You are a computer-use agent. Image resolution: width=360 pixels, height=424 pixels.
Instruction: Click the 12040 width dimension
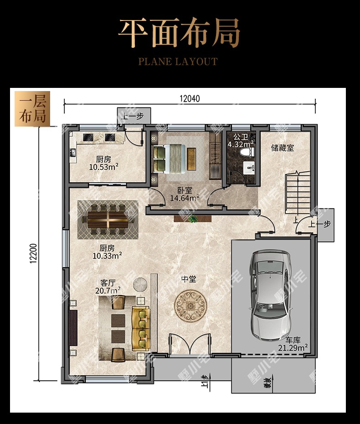[x=190, y=99]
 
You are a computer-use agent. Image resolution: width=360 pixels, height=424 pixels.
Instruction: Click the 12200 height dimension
[x=33, y=253]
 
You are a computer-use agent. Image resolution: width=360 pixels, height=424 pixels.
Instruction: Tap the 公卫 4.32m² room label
[x=241, y=141]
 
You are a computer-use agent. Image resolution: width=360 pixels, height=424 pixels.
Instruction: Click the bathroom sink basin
[x=249, y=168]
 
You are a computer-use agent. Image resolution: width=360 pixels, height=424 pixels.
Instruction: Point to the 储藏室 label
[x=283, y=148]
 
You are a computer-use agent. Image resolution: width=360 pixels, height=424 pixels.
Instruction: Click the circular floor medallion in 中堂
[x=190, y=306]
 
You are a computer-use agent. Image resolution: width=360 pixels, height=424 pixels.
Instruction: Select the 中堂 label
[x=189, y=279]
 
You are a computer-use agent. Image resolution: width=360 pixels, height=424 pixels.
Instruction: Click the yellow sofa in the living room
[x=141, y=329]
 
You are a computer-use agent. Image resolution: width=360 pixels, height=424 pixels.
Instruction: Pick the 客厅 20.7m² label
[x=108, y=287]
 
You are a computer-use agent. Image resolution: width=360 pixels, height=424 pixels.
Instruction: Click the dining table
[x=108, y=220]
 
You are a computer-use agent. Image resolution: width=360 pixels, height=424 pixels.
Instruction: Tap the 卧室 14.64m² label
[x=185, y=194]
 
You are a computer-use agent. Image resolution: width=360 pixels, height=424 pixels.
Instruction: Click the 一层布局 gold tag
[x=32, y=109]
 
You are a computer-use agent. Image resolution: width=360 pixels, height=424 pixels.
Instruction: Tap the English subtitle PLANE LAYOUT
[x=178, y=61]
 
